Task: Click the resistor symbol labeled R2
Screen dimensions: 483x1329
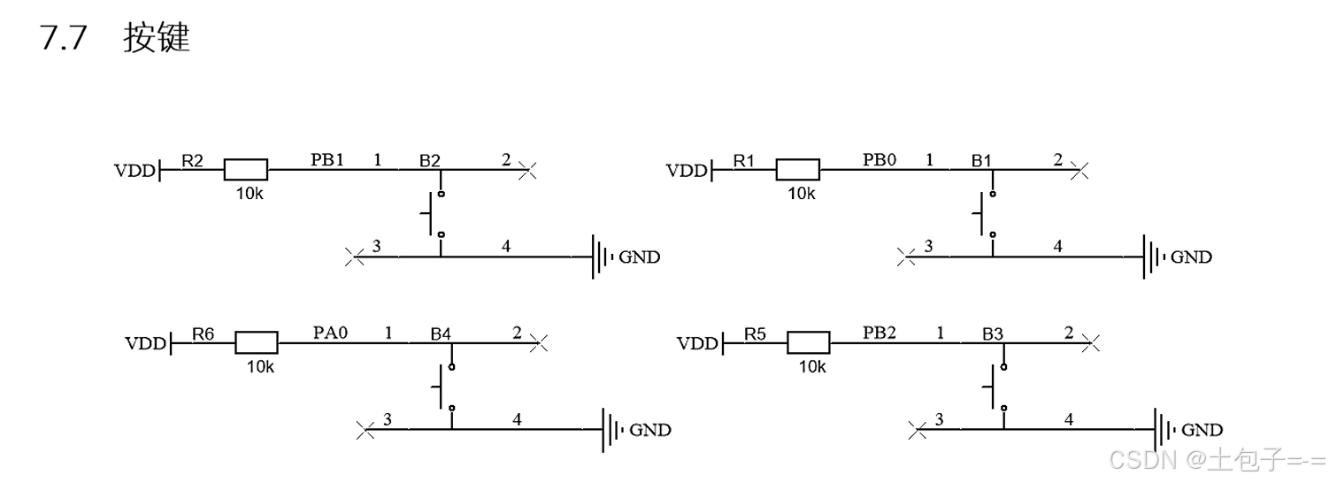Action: (x=245, y=170)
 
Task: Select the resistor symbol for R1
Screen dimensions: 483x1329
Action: (x=797, y=170)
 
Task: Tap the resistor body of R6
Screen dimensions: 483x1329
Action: (x=257, y=342)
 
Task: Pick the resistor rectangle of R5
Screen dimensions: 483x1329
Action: (x=808, y=342)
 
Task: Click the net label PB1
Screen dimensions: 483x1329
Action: (x=326, y=160)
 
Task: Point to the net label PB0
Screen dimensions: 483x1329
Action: (x=880, y=160)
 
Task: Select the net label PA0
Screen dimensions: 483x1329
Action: (x=331, y=333)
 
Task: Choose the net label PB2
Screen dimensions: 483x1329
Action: (x=880, y=333)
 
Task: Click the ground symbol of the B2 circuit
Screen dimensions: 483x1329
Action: (x=602, y=257)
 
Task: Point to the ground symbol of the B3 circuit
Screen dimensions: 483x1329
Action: (x=1164, y=430)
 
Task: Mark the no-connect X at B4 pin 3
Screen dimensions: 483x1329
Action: (x=365, y=430)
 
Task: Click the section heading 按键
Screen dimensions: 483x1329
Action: (x=157, y=39)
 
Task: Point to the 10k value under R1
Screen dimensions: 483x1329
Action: (x=802, y=193)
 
